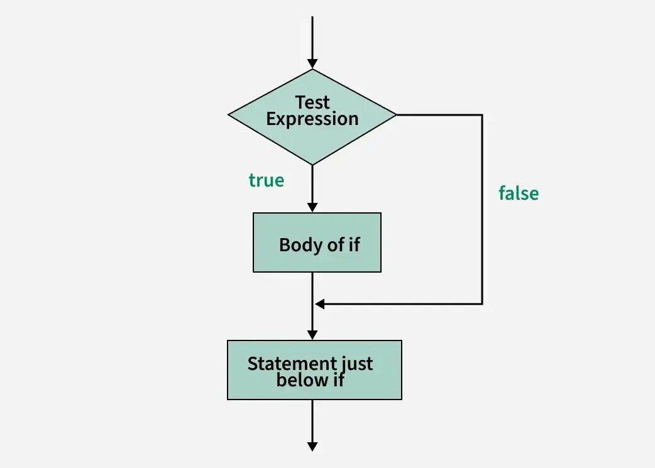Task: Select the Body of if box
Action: [x=317, y=242]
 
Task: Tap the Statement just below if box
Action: [x=314, y=370]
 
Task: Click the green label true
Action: [x=267, y=180]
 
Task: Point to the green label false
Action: [x=519, y=193]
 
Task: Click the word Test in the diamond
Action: [x=312, y=102]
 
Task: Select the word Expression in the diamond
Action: [x=312, y=119]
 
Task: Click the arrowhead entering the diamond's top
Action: [x=312, y=63]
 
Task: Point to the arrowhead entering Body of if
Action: [x=312, y=207]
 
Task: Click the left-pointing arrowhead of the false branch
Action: [x=319, y=304]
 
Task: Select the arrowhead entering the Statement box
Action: [x=312, y=335]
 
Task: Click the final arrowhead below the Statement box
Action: [x=312, y=446]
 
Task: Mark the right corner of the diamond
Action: [x=396, y=115]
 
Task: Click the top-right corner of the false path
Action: [x=482, y=115]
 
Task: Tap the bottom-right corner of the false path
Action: [x=482, y=304]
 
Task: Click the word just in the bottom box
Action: [x=356, y=363]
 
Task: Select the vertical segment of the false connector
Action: [x=482, y=239]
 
